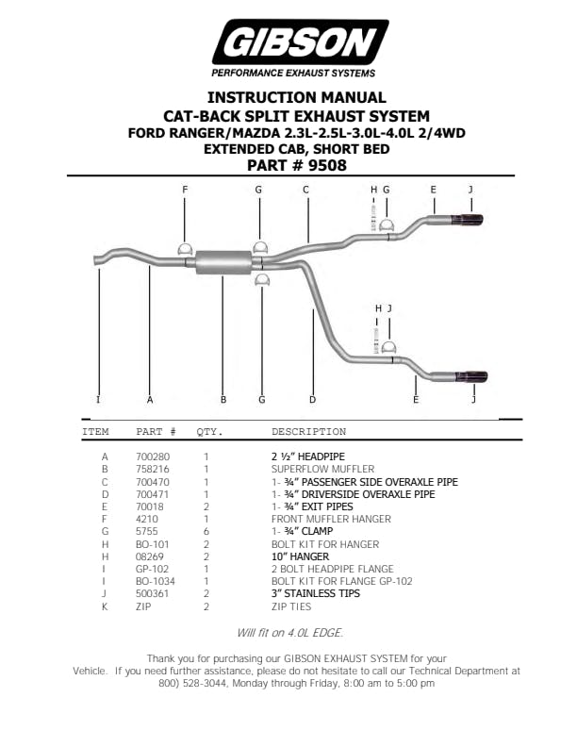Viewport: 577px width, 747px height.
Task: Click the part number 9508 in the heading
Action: click(x=327, y=166)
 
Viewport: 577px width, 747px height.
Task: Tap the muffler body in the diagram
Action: click(x=223, y=261)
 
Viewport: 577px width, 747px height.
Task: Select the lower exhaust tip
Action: click(x=471, y=377)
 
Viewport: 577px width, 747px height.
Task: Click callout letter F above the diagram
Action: click(x=185, y=190)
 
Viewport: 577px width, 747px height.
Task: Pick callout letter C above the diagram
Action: click(x=305, y=190)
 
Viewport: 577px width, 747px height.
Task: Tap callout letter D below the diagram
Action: click(x=312, y=399)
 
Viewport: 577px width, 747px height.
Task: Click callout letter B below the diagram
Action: click(x=223, y=399)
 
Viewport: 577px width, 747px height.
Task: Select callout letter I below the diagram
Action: click(x=98, y=399)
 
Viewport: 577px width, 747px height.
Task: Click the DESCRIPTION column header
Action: click(x=308, y=432)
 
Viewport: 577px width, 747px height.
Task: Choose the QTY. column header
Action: click(x=209, y=432)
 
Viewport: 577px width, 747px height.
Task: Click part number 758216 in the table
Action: click(x=153, y=470)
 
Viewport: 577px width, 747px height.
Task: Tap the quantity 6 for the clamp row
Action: click(x=206, y=532)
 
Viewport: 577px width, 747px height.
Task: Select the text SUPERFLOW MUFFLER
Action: click(x=322, y=470)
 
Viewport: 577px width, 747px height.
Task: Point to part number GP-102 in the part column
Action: click(x=152, y=569)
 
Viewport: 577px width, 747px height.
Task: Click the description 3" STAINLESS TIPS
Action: click(x=316, y=593)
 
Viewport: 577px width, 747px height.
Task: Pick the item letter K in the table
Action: click(x=105, y=606)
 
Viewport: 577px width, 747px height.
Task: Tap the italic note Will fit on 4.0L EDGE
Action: click(x=290, y=633)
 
